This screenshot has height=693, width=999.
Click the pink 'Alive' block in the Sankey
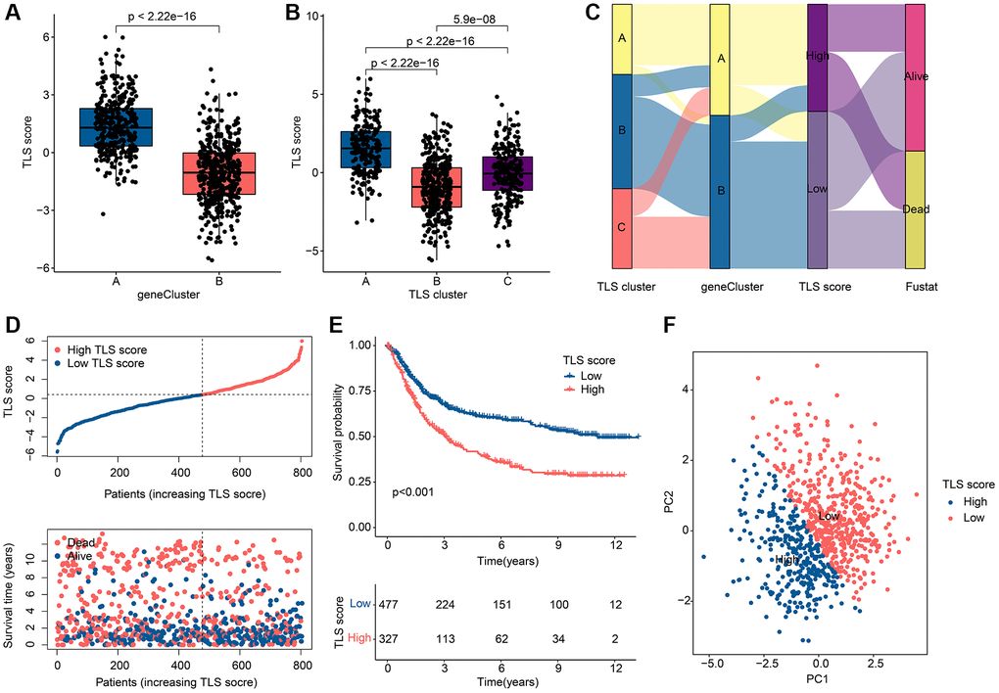coord(915,77)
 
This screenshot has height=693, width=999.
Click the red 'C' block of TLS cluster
coord(621,227)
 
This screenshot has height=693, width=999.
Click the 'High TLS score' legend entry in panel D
coord(106,349)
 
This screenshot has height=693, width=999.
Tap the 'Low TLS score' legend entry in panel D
coord(106,364)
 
